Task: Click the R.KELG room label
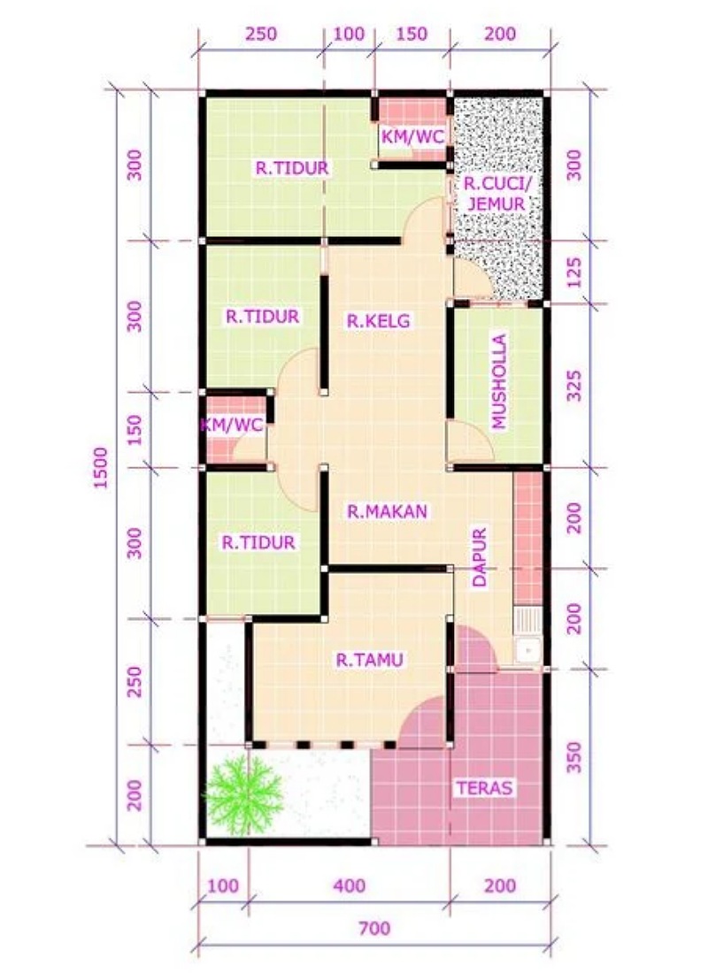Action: [x=378, y=321]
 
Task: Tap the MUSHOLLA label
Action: [x=499, y=381]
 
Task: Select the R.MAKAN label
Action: [x=387, y=511]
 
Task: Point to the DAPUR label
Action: [x=480, y=557]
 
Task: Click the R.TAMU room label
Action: [x=370, y=660]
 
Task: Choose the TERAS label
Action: [x=485, y=788]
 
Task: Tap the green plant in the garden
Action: [x=244, y=794]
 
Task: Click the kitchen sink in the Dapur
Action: [x=527, y=650]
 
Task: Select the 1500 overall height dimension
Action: [x=101, y=467]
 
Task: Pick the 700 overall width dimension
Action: [x=374, y=928]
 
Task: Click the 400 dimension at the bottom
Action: [x=349, y=885]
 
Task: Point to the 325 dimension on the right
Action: [x=575, y=386]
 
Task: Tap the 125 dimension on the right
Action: [x=575, y=272]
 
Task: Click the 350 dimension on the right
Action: [x=575, y=757]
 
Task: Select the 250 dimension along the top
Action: [x=261, y=34]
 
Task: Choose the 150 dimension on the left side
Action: [x=135, y=429]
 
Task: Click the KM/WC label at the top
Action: [x=412, y=136]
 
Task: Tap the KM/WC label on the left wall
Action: [x=232, y=425]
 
